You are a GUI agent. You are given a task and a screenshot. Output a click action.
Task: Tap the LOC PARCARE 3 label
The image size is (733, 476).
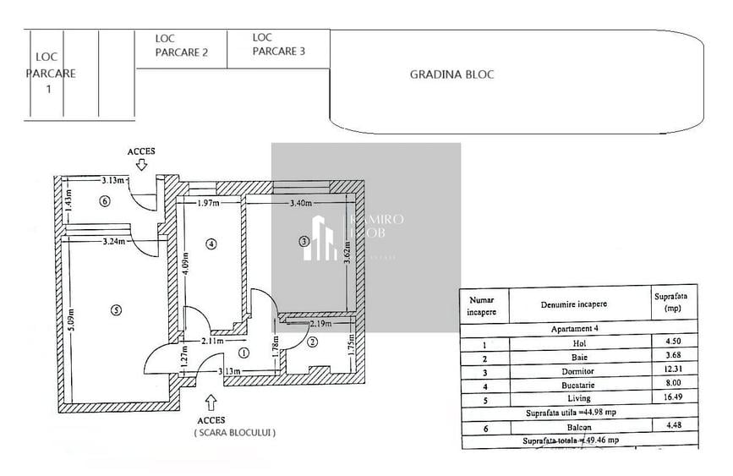click(x=278, y=44)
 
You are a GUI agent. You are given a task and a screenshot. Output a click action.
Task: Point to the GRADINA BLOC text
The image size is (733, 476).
click(x=451, y=74)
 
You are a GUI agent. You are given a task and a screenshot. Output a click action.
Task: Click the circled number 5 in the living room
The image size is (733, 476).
click(x=117, y=309)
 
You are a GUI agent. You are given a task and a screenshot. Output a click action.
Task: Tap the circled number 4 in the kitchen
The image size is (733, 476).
click(x=211, y=244)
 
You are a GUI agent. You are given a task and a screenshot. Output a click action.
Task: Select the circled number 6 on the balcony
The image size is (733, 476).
click(x=104, y=201)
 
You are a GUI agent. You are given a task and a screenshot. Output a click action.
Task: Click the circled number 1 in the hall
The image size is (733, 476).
click(x=244, y=353)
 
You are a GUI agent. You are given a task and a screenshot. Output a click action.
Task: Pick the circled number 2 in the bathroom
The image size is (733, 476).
click(x=312, y=342)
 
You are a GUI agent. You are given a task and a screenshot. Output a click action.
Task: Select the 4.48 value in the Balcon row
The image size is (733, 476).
click(x=665, y=425)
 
